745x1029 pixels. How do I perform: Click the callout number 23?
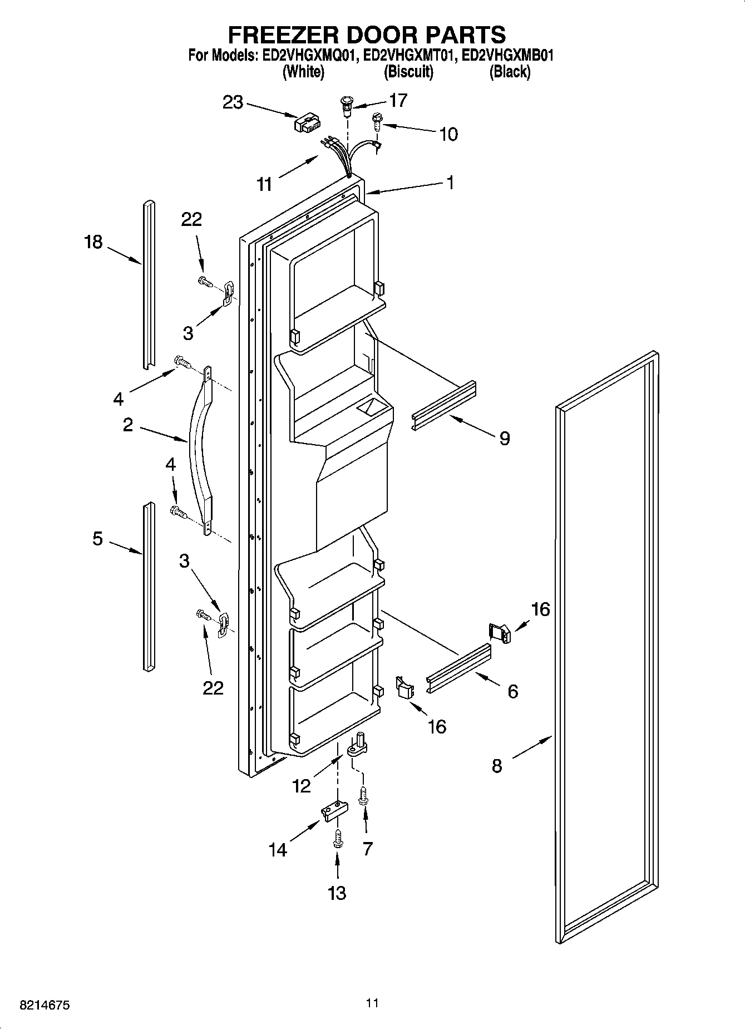[233, 102]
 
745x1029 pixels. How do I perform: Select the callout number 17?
[398, 100]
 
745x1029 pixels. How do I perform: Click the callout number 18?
[93, 242]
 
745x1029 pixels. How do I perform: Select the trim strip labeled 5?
[147, 584]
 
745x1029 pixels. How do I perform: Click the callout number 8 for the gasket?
[497, 766]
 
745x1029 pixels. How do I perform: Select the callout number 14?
[278, 850]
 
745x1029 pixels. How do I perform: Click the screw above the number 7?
[364, 795]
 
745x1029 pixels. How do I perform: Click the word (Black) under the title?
[509, 72]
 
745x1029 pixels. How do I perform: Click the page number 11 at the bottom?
[372, 1003]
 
